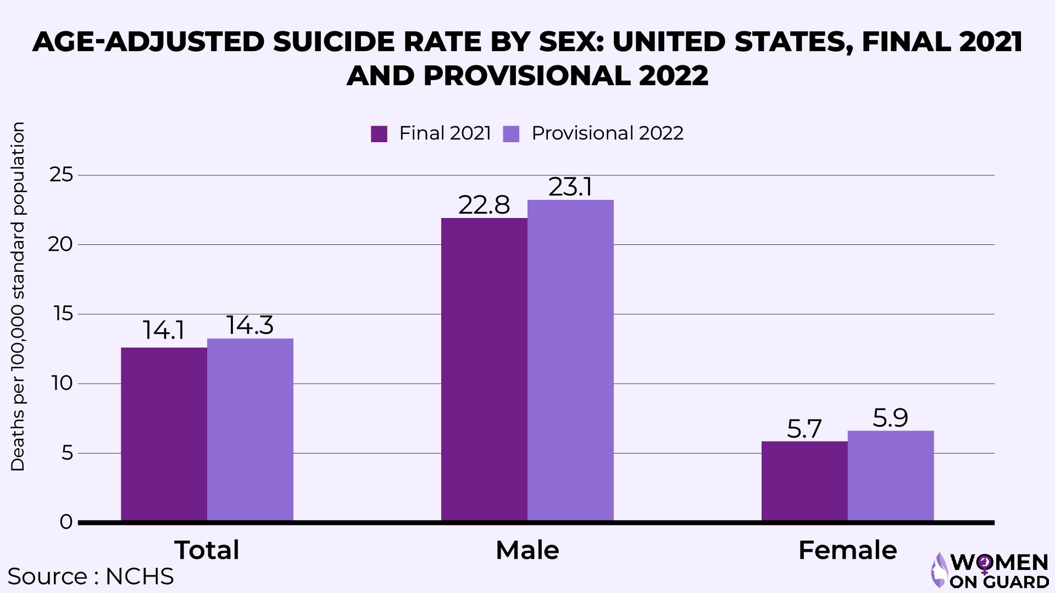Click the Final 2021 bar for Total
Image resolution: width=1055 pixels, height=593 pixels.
point(164,434)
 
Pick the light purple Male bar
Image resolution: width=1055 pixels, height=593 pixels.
point(570,360)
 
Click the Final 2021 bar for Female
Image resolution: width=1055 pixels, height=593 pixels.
point(804,480)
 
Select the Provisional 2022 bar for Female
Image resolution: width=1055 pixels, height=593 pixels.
point(891,475)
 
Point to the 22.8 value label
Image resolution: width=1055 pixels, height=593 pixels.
point(484,205)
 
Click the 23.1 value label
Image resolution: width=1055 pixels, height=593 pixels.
point(570,187)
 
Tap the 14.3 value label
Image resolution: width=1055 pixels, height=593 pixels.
point(250,325)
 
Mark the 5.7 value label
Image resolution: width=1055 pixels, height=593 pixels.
point(804,429)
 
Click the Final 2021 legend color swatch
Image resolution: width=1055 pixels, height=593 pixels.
point(379,134)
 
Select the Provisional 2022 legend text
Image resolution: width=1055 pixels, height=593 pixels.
point(607,133)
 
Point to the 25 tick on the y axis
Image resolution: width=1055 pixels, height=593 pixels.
point(61,175)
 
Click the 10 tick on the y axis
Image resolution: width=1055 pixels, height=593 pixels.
point(62,383)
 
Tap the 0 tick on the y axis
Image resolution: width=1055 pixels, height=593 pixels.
point(66,522)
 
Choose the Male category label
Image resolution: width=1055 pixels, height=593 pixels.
point(527,550)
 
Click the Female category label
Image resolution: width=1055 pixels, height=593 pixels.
point(847,550)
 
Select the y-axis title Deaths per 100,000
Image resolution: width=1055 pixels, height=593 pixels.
point(18,296)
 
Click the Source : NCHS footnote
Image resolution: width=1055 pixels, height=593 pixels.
point(91,577)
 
